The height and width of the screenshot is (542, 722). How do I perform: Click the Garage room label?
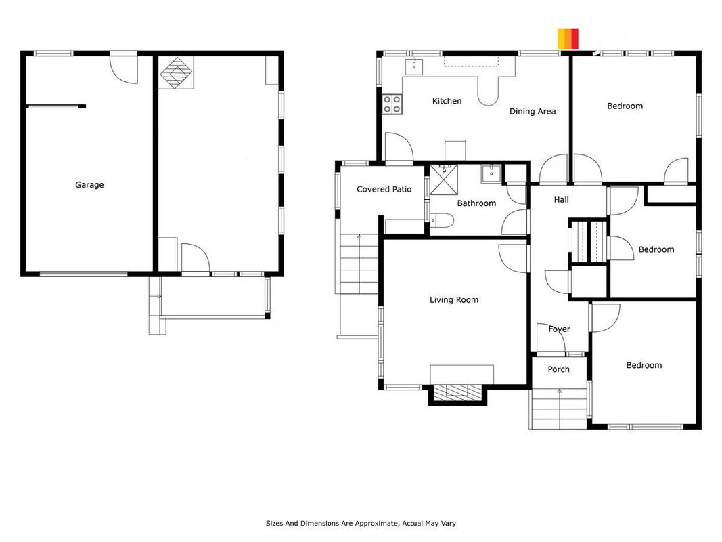tap(89, 185)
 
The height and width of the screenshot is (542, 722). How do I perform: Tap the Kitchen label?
tap(447, 101)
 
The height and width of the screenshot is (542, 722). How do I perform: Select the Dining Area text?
tap(533, 112)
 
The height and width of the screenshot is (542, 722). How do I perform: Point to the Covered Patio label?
tap(384, 189)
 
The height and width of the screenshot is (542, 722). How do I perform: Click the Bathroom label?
tap(476, 203)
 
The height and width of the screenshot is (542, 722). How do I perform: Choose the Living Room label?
tap(454, 300)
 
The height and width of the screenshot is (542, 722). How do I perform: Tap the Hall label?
tap(562, 200)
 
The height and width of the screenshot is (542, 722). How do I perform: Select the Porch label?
tap(558, 369)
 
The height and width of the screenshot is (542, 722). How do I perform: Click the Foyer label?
tap(560, 329)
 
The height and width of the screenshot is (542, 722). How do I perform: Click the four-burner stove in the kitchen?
tap(392, 104)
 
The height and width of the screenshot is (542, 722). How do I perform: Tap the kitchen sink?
tap(414, 66)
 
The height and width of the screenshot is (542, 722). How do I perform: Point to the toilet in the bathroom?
tap(442, 221)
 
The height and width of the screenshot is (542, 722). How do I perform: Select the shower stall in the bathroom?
tap(444, 180)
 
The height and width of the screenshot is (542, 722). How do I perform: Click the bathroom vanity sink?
tap(492, 173)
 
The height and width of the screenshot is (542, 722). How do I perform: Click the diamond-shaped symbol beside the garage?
tap(177, 72)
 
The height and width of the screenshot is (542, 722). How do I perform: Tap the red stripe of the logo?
tap(574, 39)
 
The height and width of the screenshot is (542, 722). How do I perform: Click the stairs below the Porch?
tap(559, 409)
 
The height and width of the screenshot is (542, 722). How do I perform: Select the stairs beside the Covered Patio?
tap(359, 264)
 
